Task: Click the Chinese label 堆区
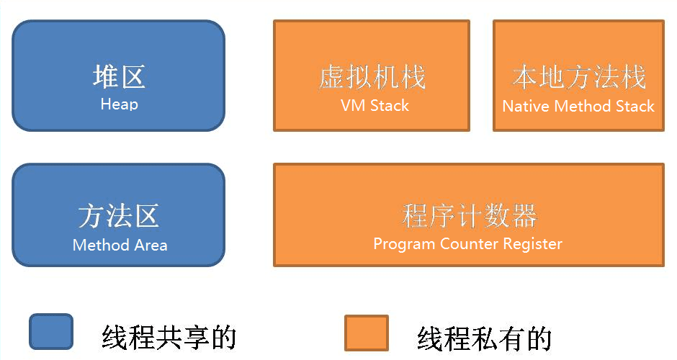(119, 76)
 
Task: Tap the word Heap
(119, 104)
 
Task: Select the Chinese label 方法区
(119, 216)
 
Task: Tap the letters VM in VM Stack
(351, 106)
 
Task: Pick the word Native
(524, 107)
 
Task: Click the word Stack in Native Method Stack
(635, 107)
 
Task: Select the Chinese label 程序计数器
(469, 216)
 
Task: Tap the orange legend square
(366, 333)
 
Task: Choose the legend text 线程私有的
(484, 337)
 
